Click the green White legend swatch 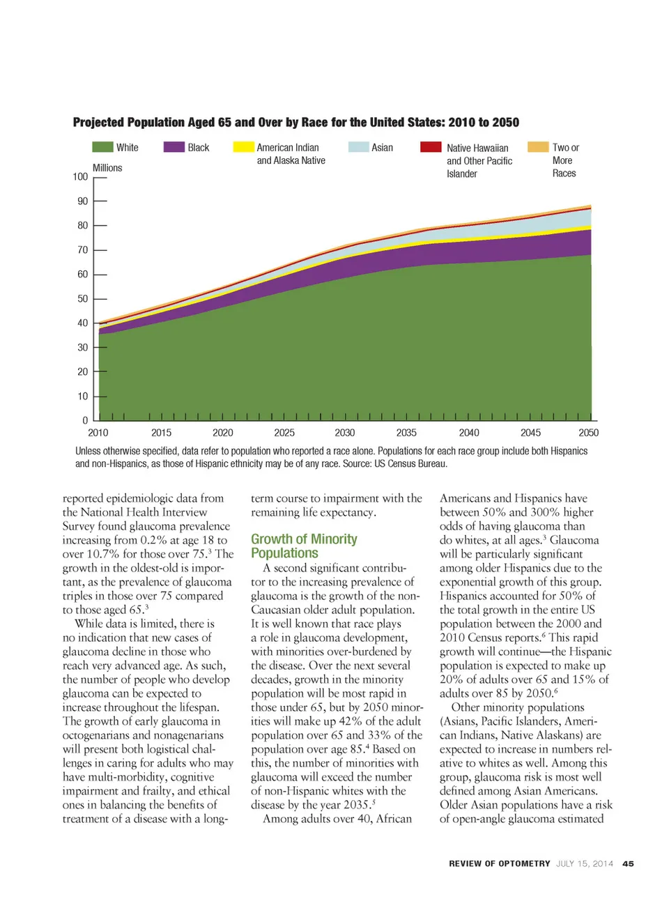102,147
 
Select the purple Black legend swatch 174,147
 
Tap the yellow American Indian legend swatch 243,147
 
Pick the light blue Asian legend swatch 358,147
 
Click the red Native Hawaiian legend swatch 431,147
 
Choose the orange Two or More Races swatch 538,147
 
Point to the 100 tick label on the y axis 80,177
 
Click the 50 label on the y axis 83,299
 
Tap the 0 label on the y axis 86,421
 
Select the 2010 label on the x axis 98,433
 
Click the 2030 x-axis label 345,433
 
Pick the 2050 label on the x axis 588,433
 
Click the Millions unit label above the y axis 107,168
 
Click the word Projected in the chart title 98,123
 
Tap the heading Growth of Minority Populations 304,546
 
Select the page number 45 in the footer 628,863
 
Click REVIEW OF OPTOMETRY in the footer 500,863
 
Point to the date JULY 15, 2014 585,863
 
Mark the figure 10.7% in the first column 103,554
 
